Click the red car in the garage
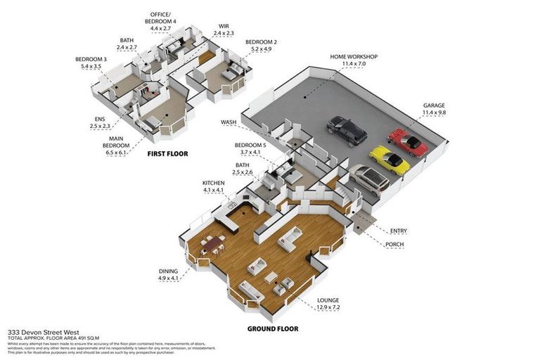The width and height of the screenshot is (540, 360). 409,141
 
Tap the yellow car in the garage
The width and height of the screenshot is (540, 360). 390,160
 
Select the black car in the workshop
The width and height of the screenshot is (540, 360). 346,131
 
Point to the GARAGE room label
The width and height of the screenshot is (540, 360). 434,105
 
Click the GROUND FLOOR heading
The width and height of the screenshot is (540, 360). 272,328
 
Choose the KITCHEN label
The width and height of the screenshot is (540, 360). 213,182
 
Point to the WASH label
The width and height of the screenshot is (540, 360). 229,122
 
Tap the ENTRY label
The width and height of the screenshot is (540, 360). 398,231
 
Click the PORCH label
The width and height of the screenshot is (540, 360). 394,245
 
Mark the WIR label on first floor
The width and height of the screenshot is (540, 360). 223,27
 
